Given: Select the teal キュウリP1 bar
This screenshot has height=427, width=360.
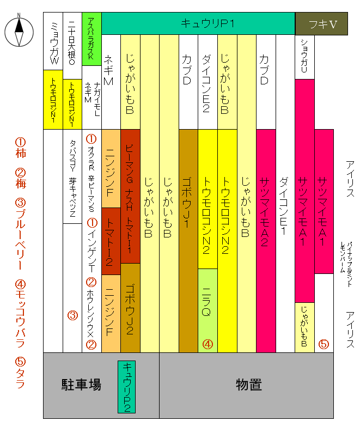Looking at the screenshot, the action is [197, 24].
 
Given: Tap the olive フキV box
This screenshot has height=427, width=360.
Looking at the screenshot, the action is [322, 24].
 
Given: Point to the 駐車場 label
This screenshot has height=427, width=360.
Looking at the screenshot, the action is [81, 385].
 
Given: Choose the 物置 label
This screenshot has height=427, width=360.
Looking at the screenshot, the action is [249, 385].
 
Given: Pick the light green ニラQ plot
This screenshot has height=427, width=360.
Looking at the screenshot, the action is [207, 310].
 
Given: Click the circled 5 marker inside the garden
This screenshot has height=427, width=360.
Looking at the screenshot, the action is [324, 344].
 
